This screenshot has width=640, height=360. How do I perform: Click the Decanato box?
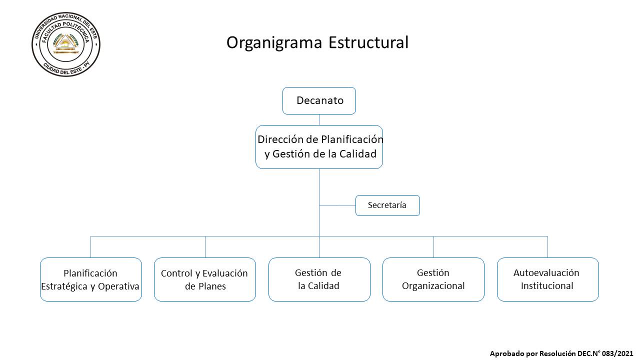pos(319,101)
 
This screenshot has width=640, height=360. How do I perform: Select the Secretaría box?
pos(387,205)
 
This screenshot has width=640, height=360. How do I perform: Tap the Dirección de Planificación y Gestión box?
pos(319,147)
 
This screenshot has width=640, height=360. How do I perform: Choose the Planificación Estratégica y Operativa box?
pos(91,279)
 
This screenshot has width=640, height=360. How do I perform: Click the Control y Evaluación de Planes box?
pos(205,279)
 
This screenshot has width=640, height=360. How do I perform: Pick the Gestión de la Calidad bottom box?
pos(319,279)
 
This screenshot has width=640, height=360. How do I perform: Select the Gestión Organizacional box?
pos(433,279)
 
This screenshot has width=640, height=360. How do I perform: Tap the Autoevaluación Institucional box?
pos(548,279)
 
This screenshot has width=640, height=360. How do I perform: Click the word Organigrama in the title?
pos(274,43)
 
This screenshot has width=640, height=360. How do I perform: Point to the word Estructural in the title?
pos(368,42)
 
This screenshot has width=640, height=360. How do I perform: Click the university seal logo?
pos(66,44)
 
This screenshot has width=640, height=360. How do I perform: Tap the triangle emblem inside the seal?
pos(66,43)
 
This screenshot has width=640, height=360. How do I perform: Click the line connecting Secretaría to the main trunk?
pos(337,205)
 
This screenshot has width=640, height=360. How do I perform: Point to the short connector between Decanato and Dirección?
pos(319,120)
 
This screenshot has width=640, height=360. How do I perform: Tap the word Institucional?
pos(547,285)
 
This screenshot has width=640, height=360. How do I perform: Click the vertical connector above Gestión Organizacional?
pos(433,247)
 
